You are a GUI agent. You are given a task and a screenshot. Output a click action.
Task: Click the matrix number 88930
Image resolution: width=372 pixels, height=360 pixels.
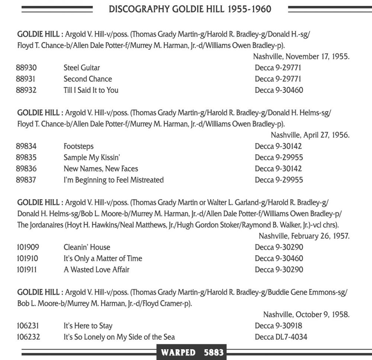(26, 68)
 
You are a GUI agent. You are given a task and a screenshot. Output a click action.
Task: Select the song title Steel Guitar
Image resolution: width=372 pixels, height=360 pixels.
(81, 68)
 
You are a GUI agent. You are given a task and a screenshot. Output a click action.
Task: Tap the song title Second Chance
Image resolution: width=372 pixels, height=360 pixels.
(87, 79)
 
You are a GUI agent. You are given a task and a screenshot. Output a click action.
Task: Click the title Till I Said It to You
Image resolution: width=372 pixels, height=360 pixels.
(91, 90)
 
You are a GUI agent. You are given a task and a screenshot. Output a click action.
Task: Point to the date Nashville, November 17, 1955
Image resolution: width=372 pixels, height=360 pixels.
(301, 56)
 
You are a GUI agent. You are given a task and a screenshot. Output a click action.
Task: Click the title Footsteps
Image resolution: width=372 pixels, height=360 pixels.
(78, 146)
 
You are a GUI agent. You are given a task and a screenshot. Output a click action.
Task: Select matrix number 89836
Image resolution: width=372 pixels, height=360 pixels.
(26, 169)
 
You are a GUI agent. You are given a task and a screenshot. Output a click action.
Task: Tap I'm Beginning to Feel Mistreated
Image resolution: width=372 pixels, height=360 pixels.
(113, 180)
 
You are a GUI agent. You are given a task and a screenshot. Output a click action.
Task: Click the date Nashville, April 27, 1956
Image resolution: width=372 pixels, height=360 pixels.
(310, 135)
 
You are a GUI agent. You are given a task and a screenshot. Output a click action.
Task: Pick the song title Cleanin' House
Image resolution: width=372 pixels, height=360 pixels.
(87, 247)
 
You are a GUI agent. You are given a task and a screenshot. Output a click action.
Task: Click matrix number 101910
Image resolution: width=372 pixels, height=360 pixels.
(27, 258)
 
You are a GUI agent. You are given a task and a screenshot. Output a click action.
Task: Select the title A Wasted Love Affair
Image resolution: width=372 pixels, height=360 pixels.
(96, 269)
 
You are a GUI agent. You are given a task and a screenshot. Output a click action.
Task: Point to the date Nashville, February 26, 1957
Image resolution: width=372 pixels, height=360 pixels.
(304, 236)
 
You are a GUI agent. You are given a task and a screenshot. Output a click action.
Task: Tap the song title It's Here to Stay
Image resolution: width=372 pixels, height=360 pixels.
(88, 326)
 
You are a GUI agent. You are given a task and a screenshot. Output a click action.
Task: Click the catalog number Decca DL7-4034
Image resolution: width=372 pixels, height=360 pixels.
(281, 337)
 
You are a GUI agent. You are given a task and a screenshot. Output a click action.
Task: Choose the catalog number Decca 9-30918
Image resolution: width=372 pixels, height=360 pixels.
(278, 326)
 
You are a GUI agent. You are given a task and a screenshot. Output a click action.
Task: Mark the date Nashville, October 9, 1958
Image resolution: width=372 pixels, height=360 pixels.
(306, 315)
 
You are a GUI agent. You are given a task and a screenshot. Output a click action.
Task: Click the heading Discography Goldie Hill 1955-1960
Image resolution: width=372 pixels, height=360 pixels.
(190, 9)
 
